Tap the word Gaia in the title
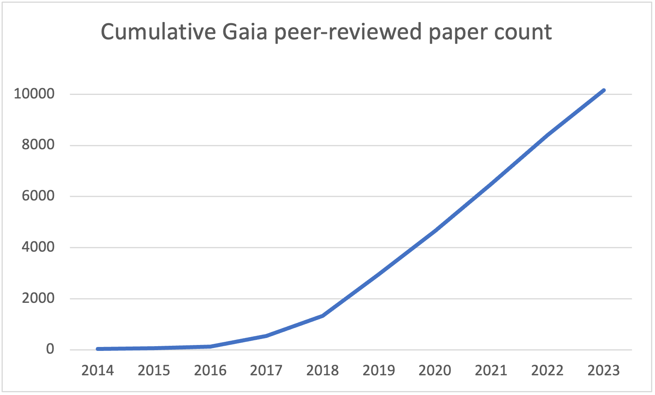click(245, 32)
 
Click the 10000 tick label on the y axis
click(34, 94)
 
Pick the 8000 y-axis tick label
click(38, 145)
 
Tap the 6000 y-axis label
click(38, 196)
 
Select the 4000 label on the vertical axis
click(38, 247)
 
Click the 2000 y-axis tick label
click(38, 298)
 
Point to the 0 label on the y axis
click(50, 349)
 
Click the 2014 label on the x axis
click(98, 371)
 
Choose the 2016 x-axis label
click(210, 371)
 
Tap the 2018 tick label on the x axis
click(323, 371)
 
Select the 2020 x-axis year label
click(435, 371)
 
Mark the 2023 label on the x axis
click(603, 371)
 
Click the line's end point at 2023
click(603, 91)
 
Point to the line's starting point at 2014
click(98, 349)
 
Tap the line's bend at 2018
click(323, 316)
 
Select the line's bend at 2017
click(266, 336)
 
